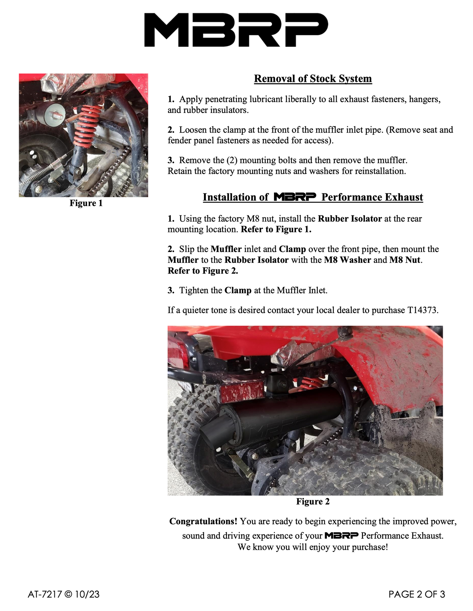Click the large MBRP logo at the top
click(236, 30)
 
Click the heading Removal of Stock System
click(313, 79)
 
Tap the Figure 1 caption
click(86, 203)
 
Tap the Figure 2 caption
click(313, 501)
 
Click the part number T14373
click(422, 310)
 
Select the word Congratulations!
click(203, 521)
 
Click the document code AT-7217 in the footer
click(45, 594)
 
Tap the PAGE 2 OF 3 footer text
click(417, 594)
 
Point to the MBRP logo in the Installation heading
click(295, 197)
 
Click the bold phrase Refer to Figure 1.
click(276, 229)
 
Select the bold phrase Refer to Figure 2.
click(203, 271)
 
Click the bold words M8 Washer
click(347, 260)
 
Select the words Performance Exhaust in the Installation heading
click(372, 197)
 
